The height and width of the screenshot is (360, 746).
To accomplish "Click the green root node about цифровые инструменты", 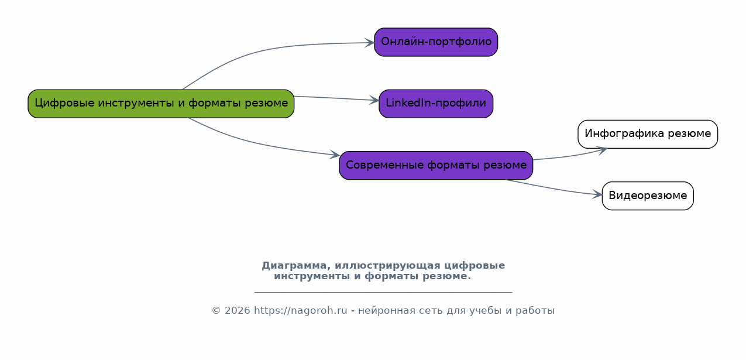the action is tap(161, 104).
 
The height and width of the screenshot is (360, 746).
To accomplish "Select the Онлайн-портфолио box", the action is tap(436, 42).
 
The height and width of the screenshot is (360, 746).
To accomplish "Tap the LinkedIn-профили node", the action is tap(436, 104).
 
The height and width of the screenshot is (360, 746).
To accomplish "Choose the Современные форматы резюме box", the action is tap(436, 165).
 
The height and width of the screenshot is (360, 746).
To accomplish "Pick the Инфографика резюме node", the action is tap(648, 134).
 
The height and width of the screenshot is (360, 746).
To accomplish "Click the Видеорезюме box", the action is tap(648, 196).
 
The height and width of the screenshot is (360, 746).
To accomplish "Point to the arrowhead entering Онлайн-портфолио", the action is tap(369, 43).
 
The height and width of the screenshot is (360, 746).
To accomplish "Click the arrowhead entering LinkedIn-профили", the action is tap(374, 100).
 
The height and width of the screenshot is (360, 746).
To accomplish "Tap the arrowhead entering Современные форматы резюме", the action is tap(334, 155).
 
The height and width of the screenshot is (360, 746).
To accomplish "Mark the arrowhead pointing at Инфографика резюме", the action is tap(601, 150).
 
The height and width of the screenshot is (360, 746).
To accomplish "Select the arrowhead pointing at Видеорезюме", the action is tap(597, 195).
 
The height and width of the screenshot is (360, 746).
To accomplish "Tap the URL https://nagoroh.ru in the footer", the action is tap(300, 311).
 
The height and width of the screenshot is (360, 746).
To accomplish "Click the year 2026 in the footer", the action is tap(237, 311).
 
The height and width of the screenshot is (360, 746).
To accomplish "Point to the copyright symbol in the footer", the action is tap(216, 311).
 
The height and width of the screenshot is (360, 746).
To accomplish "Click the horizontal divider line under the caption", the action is tap(383, 292).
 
